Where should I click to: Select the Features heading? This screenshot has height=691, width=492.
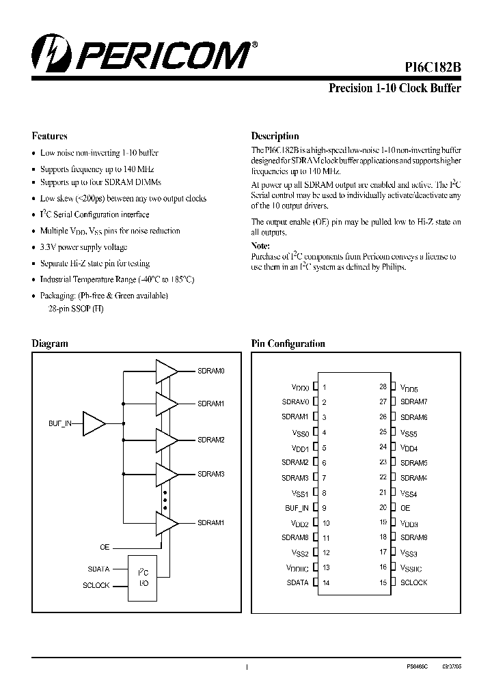click(x=50, y=136)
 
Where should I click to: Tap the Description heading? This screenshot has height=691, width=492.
click(x=275, y=136)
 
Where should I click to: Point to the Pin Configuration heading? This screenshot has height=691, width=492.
click(x=288, y=343)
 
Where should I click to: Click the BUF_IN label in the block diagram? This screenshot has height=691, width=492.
click(x=60, y=424)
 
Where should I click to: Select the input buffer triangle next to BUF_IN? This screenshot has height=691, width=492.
click(x=93, y=424)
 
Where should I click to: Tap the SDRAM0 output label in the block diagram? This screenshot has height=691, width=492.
click(x=210, y=371)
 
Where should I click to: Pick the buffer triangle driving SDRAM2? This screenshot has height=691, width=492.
click(x=166, y=440)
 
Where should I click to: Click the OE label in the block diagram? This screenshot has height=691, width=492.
click(x=105, y=547)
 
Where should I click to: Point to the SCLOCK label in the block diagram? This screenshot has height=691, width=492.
click(x=96, y=585)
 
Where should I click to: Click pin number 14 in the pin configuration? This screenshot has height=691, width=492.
click(x=326, y=583)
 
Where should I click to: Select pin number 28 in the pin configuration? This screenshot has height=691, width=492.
click(x=383, y=386)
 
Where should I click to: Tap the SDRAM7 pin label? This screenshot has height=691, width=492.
click(x=413, y=402)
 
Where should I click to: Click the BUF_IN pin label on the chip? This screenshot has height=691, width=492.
click(x=297, y=508)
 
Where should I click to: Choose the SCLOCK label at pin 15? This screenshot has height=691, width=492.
click(x=413, y=582)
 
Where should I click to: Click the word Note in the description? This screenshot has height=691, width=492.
click(x=261, y=246)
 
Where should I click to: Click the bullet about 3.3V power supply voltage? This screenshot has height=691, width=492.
click(x=83, y=247)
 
